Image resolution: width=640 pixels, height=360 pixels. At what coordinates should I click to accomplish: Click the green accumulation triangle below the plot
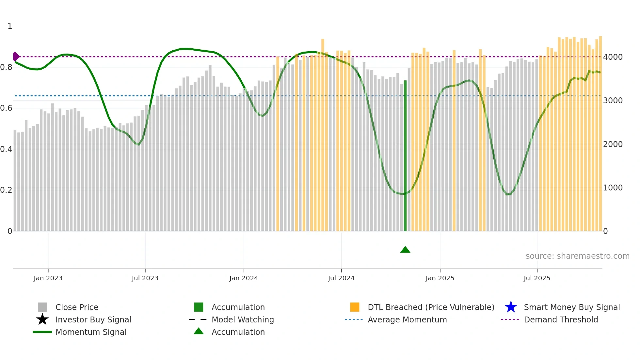pos(405,250)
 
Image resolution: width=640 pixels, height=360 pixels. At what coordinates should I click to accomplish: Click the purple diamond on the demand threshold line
pos(16,57)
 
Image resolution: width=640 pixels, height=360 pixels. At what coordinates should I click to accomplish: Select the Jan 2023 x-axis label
pos(48,278)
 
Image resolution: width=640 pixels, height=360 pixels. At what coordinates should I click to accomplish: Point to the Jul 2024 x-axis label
pos(341,278)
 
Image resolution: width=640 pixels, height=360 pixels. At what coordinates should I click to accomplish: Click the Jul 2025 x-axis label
pos(537,278)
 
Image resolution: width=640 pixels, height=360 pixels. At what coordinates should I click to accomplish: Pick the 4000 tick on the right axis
pos(613,57)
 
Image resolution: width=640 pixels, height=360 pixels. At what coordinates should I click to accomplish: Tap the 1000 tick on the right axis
pos(613,188)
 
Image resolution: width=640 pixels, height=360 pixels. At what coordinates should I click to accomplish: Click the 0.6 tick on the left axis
pos(6,108)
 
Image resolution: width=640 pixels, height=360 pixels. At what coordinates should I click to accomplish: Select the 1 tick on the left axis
pos(10,26)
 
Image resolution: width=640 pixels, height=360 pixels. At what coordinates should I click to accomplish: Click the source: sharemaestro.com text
pos(577,256)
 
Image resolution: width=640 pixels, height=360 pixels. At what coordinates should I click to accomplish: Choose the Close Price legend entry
pos(77,307)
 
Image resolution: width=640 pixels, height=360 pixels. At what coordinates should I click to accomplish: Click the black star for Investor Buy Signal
pos(42,319)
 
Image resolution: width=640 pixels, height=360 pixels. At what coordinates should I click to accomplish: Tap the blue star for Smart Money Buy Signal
pos(511,307)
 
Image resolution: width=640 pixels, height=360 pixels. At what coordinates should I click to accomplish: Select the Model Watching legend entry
pos(243,319)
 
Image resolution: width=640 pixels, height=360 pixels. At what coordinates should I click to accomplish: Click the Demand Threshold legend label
pos(561,319)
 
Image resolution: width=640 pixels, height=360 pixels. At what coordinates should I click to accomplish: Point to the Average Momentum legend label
pos(407,319)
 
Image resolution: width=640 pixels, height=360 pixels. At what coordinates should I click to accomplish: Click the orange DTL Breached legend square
pos(355,307)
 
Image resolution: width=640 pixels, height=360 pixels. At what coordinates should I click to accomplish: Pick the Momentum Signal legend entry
pos(91,332)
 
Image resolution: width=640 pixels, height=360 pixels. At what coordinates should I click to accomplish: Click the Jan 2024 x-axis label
pos(244,278)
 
